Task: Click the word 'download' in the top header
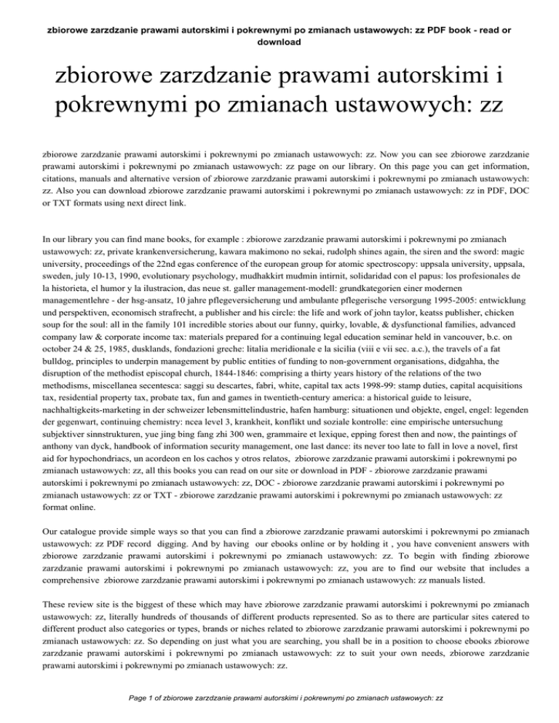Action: coord(279,42)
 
